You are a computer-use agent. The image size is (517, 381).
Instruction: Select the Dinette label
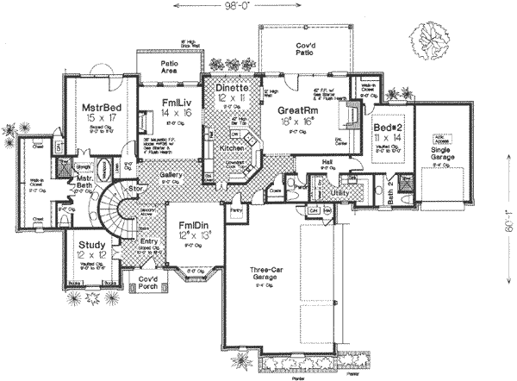pyautogui.click(x=231, y=88)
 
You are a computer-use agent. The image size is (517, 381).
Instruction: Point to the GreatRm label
pyautogui.click(x=297, y=111)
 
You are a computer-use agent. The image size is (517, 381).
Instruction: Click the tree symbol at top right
pyautogui.click(x=431, y=39)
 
